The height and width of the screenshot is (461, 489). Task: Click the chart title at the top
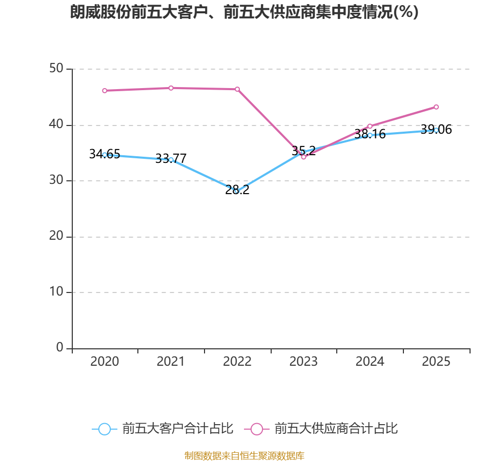pyautogui.click(x=244, y=12)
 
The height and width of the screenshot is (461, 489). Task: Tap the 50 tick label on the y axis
pyautogui.click(x=56, y=69)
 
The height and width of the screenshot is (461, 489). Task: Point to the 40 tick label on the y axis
pyautogui.click(x=56, y=125)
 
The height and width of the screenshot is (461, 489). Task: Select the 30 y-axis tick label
pyautogui.click(x=56, y=181)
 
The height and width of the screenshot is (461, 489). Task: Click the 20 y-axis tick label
pyautogui.click(x=56, y=237)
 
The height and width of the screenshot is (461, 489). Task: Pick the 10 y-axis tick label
pyautogui.click(x=56, y=292)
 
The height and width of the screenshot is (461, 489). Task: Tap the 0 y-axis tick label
pyautogui.click(x=60, y=348)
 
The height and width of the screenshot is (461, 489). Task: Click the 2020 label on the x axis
pyautogui.click(x=105, y=362)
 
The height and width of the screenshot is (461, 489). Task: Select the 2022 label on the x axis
pyautogui.click(x=237, y=362)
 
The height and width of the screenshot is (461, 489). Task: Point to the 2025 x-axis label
pyautogui.click(x=436, y=362)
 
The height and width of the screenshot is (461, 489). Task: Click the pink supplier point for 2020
pyautogui.click(x=105, y=91)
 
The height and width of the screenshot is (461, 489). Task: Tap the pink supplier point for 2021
pyautogui.click(x=171, y=88)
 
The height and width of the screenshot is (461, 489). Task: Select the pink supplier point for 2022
pyautogui.click(x=237, y=89)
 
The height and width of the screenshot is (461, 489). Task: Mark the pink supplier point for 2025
pyautogui.click(x=436, y=107)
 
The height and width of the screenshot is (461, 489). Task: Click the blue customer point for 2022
pyautogui.click(x=237, y=191)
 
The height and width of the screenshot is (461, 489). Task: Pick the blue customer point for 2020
pyautogui.click(x=105, y=155)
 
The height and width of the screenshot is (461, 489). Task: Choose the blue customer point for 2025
pyautogui.click(x=436, y=130)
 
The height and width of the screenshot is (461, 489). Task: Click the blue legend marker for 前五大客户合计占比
pyautogui.click(x=105, y=429)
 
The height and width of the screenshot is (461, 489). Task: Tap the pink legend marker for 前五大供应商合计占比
pyautogui.click(x=257, y=429)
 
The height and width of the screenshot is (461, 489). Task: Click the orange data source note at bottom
pyautogui.click(x=244, y=455)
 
